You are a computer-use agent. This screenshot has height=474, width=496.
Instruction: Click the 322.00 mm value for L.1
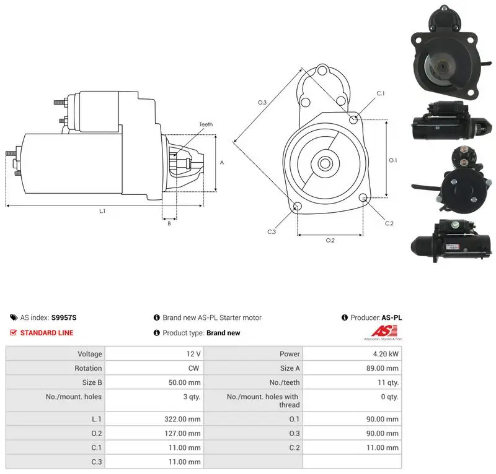(182, 419)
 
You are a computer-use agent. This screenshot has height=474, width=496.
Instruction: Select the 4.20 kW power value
(385, 354)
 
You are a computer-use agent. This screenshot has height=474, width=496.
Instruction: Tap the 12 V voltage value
(193, 354)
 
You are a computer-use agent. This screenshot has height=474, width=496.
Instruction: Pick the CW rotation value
(193, 368)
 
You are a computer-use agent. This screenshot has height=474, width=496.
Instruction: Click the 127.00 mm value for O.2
(182, 433)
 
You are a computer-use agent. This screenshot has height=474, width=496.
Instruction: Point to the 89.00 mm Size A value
(382, 368)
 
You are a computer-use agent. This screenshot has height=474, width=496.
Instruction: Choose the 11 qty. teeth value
(388, 382)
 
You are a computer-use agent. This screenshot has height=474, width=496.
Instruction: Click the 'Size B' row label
(92, 382)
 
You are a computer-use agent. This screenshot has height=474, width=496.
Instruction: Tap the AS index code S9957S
(64, 317)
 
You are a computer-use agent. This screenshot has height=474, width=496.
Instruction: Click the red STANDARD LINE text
(47, 333)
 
